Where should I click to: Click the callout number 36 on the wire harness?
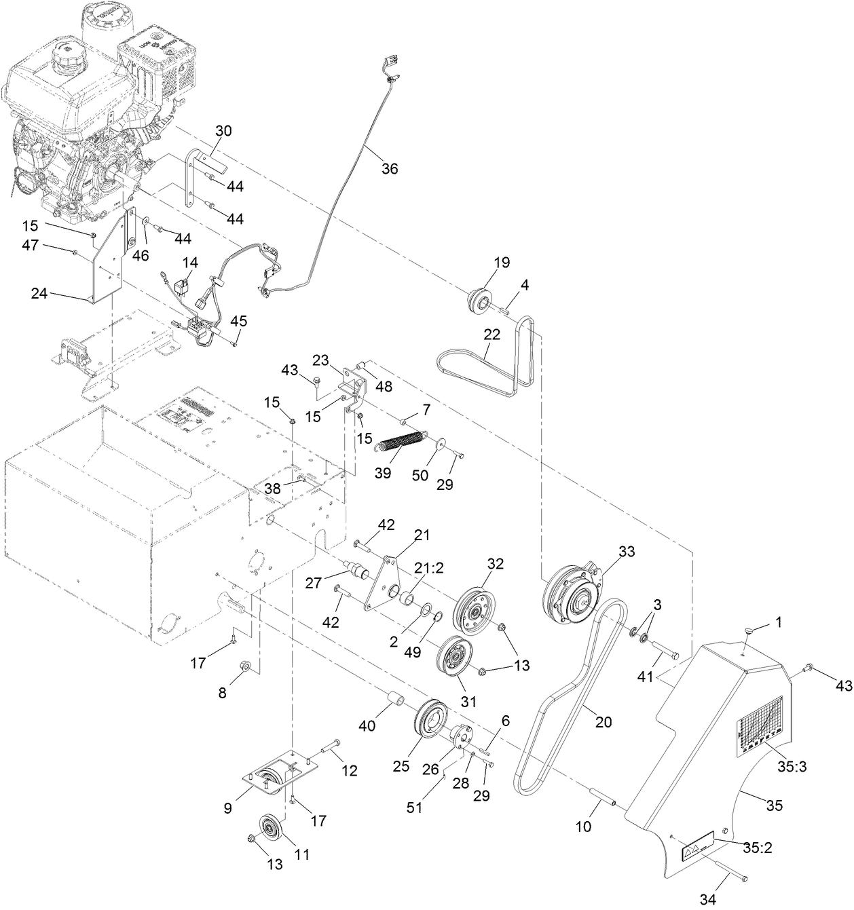389,168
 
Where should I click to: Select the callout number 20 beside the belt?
603,722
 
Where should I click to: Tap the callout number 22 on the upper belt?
491,334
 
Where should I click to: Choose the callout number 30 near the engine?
223,130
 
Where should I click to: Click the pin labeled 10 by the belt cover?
601,796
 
